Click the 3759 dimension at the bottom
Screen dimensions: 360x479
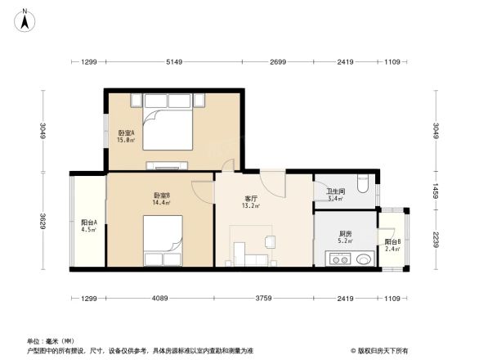262,297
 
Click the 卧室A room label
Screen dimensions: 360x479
126,133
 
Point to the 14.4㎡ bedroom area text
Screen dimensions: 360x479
160,202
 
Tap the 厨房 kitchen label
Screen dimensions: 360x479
346,234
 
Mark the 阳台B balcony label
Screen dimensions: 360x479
392,241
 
